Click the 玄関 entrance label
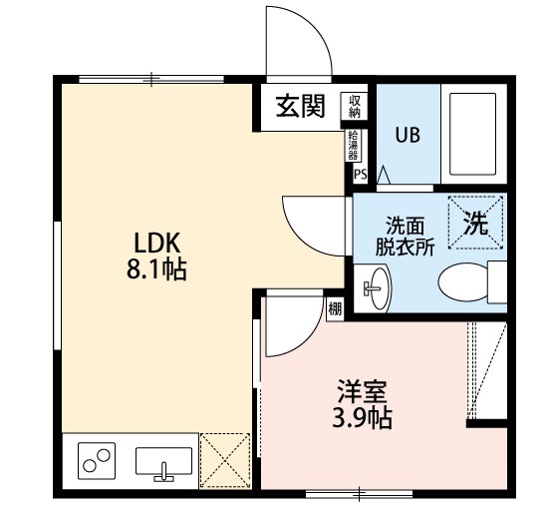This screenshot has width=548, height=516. pyautogui.click(x=301, y=107)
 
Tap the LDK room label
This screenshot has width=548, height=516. pyautogui.click(x=156, y=242)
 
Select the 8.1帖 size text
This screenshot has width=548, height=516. pyautogui.click(x=156, y=268)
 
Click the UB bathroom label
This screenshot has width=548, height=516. pyautogui.click(x=407, y=136)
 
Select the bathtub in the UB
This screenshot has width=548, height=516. pyautogui.click(x=475, y=134)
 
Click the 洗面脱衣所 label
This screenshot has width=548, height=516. pyautogui.click(x=404, y=237)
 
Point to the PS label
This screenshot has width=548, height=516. pyautogui.click(x=359, y=172)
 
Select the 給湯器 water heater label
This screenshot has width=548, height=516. pyautogui.click(x=354, y=145)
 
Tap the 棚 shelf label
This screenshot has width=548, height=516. pyautogui.click(x=334, y=308)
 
